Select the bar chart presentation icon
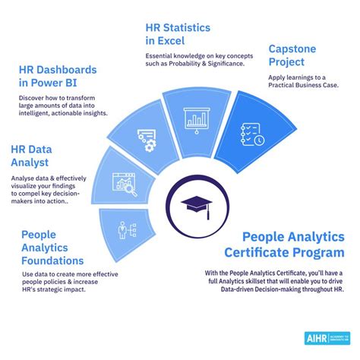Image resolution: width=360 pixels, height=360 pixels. coord(196,119)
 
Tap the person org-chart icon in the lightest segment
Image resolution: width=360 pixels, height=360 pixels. coord(122,229)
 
